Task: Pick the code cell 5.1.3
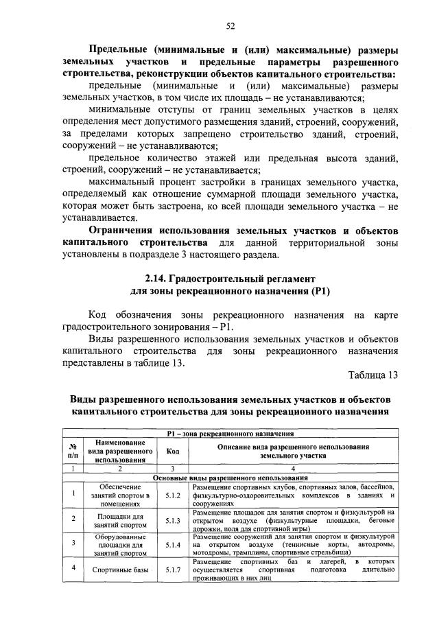tap(172, 519)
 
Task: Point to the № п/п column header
tap(73, 451)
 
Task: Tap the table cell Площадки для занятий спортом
tap(119, 519)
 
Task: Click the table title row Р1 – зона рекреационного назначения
tap(231, 434)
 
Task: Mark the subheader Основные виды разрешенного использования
tap(231, 478)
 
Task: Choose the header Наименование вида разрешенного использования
tap(119, 451)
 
